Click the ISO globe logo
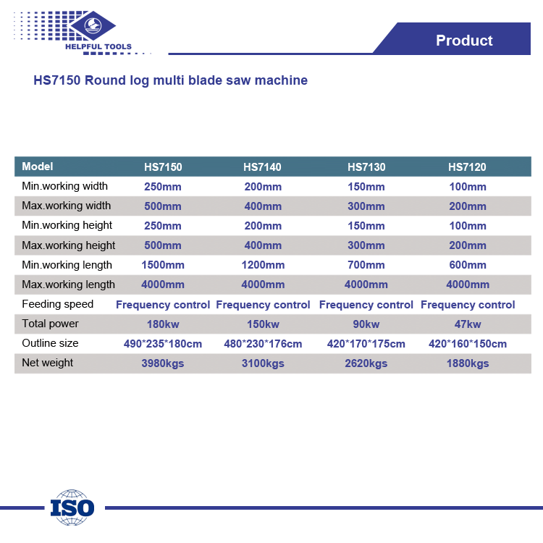[72, 508]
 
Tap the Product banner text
[464, 40]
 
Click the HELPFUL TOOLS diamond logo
[93, 25]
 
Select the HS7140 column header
[262, 167]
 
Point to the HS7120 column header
[467, 167]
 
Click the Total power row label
[50, 324]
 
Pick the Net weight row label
[48, 363]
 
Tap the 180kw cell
[163, 324]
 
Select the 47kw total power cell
[468, 324]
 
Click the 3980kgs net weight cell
[163, 363]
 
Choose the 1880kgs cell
[468, 363]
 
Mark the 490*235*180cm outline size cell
[163, 344]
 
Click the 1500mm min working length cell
[163, 265]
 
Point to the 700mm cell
[366, 265]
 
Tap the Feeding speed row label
[57, 304]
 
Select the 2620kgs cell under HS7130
[366, 363]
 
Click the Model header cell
[38, 167]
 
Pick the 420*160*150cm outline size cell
[468, 344]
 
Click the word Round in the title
[105, 80]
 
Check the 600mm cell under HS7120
[468, 265]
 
